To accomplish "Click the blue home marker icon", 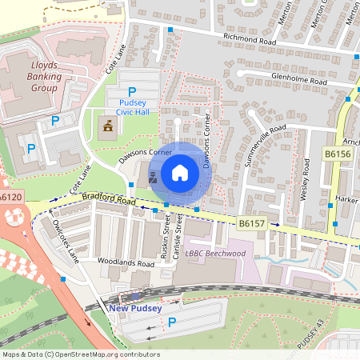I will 180,173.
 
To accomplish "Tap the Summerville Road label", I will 267,141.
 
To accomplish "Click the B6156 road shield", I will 337,152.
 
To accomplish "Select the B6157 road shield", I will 252,226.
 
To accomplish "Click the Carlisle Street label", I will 179,238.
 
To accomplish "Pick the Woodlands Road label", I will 124,262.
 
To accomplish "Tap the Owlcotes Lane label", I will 61,239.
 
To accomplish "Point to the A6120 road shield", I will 10,197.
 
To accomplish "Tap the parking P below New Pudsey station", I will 172,322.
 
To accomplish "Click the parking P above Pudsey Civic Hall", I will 133,92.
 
